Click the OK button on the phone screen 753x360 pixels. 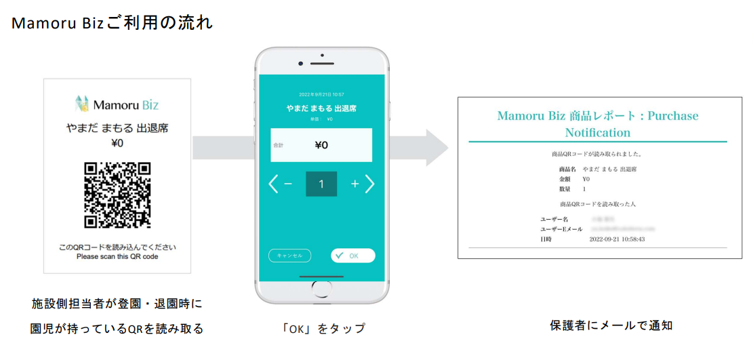[353, 256]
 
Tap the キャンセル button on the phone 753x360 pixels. [290, 256]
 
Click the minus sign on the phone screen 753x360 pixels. [287, 184]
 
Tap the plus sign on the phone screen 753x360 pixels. [354, 184]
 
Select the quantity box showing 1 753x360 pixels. [321, 184]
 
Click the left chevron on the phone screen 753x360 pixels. [273, 184]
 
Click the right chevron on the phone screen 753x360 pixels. [370, 184]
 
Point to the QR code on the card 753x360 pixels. [117, 195]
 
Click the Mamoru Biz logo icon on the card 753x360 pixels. [82, 104]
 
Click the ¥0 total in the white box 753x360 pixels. [321, 144]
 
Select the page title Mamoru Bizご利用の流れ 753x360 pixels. [113, 23]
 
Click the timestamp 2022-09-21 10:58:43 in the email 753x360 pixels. [617, 239]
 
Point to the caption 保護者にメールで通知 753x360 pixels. [611, 325]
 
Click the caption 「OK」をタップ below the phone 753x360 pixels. [323, 328]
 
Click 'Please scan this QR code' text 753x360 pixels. [117, 257]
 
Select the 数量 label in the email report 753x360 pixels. [565, 188]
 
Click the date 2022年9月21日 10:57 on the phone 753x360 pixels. [321, 94]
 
